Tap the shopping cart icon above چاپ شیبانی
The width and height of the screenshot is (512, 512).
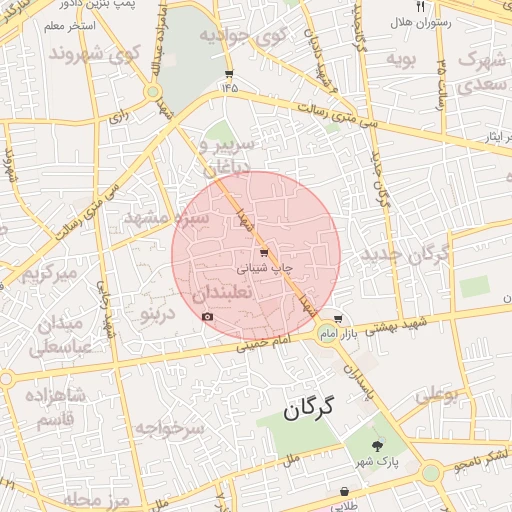point(264,253)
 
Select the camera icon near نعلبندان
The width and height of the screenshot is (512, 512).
point(208,317)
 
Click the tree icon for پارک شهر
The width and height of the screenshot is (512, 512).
point(377,446)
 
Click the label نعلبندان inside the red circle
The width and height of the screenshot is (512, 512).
point(226,294)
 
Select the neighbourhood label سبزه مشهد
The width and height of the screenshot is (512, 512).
point(165,216)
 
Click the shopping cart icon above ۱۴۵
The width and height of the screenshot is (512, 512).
point(230,74)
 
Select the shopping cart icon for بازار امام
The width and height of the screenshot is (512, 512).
point(338,318)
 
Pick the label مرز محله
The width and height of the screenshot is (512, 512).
point(96,498)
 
